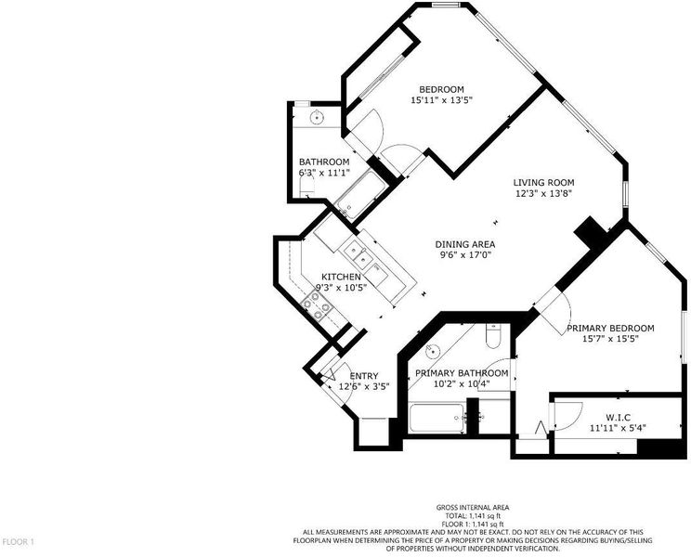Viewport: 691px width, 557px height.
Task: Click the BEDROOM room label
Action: (x=441, y=89)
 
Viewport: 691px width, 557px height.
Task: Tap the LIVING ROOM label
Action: (x=544, y=182)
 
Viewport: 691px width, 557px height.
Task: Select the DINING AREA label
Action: (x=465, y=244)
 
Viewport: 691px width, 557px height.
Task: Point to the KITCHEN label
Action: (x=341, y=277)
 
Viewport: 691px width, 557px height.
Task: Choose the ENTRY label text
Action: (x=364, y=376)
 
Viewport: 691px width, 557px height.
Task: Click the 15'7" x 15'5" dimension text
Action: (x=610, y=339)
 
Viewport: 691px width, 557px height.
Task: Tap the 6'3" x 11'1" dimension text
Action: (x=324, y=173)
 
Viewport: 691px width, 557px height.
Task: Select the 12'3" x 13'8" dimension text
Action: (x=544, y=193)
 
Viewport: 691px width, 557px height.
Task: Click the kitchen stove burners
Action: (x=316, y=304)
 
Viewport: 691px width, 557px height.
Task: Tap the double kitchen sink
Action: (x=357, y=255)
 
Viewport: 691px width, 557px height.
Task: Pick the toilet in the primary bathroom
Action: (x=492, y=335)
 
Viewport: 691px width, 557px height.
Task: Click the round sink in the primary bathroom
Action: (x=433, y=351)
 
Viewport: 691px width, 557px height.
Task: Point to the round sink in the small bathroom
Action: (x=317, y=118)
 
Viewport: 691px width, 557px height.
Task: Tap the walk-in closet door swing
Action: (x=568, y=415)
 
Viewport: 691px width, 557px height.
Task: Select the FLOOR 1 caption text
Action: (x=18, y=541)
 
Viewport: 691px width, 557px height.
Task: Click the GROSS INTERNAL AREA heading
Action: (x=473, y=507)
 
